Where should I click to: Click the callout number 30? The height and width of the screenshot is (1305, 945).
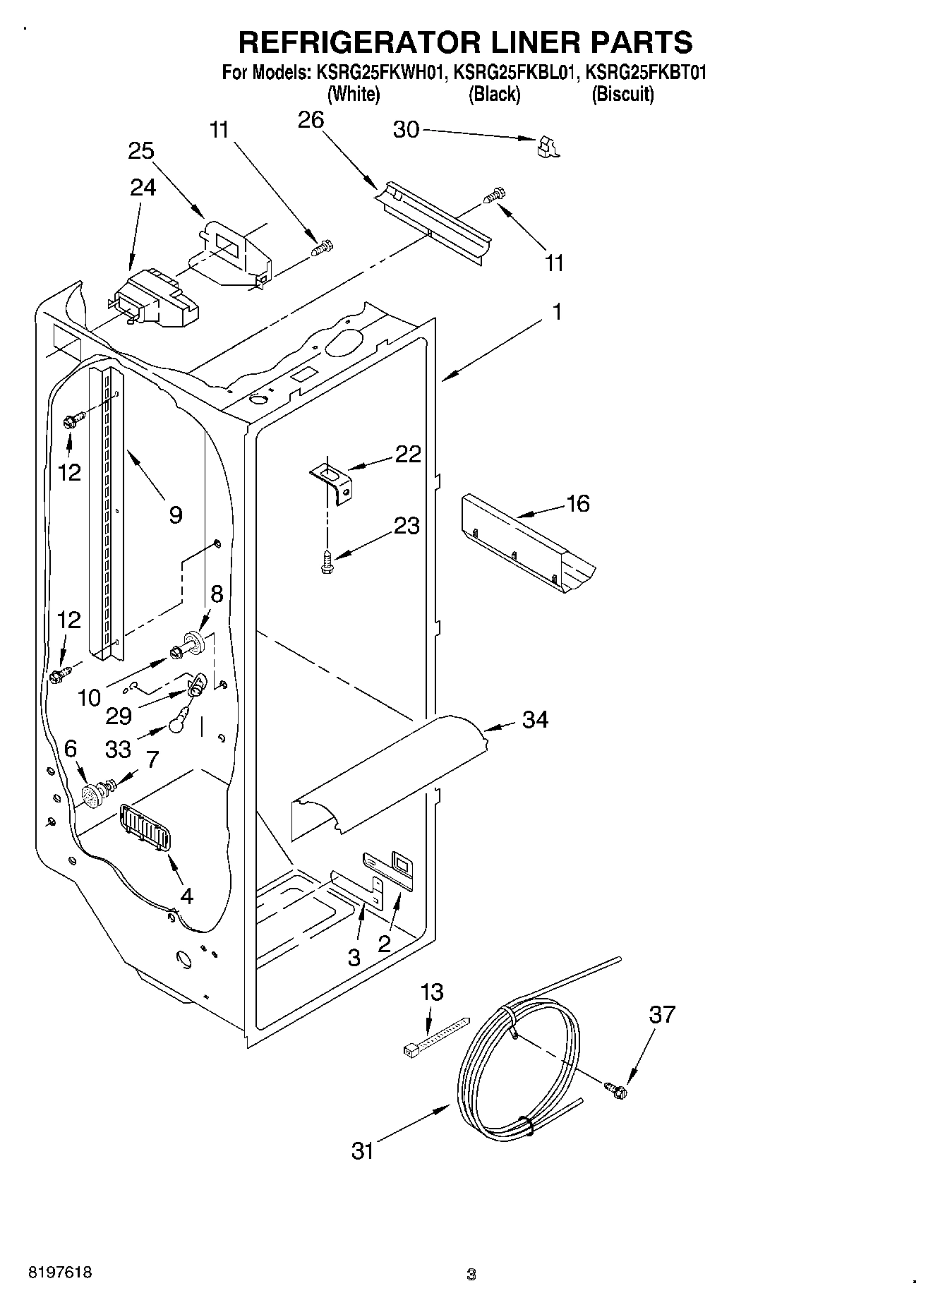pyautogui.click(x=406, y=130)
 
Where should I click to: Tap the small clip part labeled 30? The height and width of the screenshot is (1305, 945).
pyautogui.click(x=547, y=146)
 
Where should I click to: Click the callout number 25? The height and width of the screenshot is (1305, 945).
pyautogui.click(x=141, y=151)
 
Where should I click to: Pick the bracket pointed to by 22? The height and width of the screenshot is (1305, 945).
pyautogui.click(x=332, y=480)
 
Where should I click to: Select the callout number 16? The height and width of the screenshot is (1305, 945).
pyautogui.click(x=577, y=504)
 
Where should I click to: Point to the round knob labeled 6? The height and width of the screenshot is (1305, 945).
pyautogui.click(x=92, y=797)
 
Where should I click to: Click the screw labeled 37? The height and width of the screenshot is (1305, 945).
pyautogui.click(x=615, y=1089)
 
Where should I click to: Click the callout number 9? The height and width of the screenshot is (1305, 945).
pyautogui.click(x=176, y=515)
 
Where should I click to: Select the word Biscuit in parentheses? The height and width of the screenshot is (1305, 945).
pyautogui.click(x=623, y=95)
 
